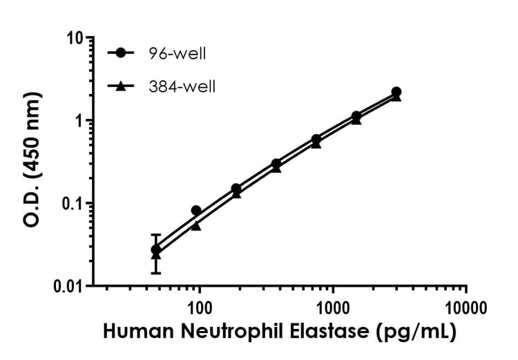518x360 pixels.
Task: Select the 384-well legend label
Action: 181,86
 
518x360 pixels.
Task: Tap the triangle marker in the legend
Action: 122,86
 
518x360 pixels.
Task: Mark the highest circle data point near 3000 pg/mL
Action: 396,92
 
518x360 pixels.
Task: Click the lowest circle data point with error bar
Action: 156,249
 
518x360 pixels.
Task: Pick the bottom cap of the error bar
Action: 156,273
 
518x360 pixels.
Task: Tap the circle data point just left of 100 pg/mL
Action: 196,211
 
